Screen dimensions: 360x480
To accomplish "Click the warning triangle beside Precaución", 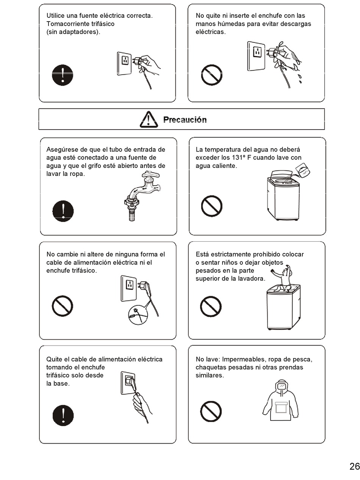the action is click(x=149, y=119).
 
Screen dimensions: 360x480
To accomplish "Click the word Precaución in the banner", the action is click(x=185, y=120).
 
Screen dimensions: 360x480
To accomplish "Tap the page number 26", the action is click(x=354, y=466).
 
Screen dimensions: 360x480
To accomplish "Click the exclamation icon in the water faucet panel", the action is click(x=63, y=211).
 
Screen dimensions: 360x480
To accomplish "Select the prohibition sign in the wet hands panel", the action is click(x=211, y=75).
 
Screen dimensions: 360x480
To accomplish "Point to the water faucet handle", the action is click(x=151, y=175).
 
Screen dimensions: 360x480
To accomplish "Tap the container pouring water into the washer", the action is click(x=303, y=170).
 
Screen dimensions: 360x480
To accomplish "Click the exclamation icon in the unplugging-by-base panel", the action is click(x=63, y=415).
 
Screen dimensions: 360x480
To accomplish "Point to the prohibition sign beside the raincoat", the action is click(x=211, y=411).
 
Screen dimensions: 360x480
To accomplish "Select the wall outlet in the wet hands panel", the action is click(x=256, y=56).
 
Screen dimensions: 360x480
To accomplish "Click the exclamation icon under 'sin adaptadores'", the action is click(x=63, y=75).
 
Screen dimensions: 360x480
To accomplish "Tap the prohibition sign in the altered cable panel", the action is click(x=62, y=306).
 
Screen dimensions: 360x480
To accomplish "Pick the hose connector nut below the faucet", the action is click(x=131, y=201).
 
